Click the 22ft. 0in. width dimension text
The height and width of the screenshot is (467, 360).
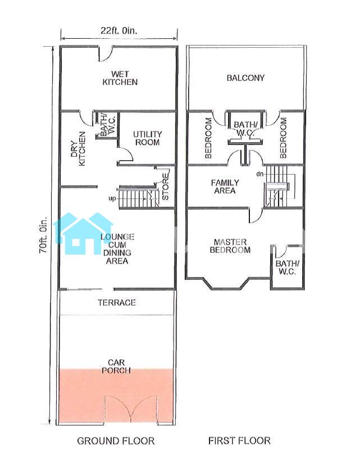tap(119, 31)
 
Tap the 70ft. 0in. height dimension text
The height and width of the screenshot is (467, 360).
tap(43, 235)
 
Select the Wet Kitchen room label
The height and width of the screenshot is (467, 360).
tap(120, 78)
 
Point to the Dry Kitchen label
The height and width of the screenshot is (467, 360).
tap(78, 148)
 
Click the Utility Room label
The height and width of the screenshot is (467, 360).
tap(147, 138)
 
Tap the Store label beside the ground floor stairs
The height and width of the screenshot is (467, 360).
tap(165, 188)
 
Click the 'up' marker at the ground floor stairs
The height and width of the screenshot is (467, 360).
tap(112, 198)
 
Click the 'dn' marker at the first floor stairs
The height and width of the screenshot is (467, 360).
tap(259, 174)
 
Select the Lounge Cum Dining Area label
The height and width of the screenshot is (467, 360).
tap(117, 249)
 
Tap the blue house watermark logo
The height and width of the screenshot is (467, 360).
tap(83, 234)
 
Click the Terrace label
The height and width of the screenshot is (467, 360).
tap(117, 302)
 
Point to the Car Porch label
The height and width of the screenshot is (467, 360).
tap(116, 366)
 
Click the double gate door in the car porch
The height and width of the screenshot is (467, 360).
tap(131, 408)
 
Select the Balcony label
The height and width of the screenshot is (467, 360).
tap(245, 78)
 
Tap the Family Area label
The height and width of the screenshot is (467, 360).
tap(225, 187)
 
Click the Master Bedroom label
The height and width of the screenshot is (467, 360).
tap(230, 246)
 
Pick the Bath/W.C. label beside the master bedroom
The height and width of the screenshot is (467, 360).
tap(288, 267)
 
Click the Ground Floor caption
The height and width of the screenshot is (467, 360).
tap(116, 441)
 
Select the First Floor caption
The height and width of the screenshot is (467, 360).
tap(239, 441)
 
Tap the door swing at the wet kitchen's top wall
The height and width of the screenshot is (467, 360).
tap(106, 53)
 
